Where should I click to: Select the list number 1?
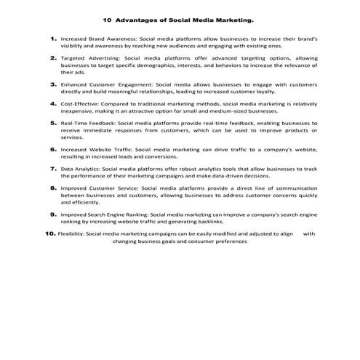pos(53,36)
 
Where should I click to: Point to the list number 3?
pos(53,84)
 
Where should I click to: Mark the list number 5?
pos(53,124)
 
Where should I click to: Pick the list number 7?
pos(53,168)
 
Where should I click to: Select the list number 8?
pos(53,188)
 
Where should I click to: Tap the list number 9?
pos(53,215)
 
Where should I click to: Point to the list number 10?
pos(49,234)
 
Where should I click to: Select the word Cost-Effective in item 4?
pos(78,105)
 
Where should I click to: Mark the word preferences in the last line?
pos(230,241)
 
